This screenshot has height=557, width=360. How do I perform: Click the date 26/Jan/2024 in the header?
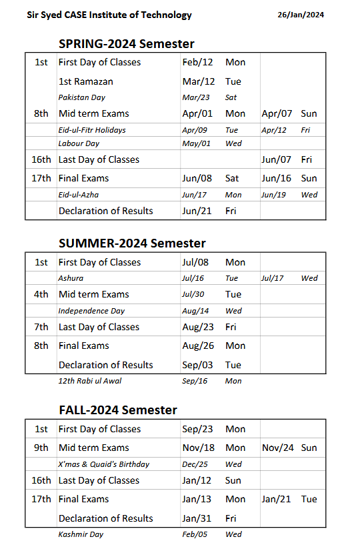click(301, 15)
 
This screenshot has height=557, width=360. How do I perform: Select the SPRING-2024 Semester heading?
click(127, 44)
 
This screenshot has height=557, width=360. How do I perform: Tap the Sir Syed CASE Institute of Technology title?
click(109, 15)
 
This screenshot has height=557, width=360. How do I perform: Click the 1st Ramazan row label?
click(86, 81)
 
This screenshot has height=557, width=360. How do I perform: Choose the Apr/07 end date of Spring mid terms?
click(275, 113)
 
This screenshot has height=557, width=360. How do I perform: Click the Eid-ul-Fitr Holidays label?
click(92, 130)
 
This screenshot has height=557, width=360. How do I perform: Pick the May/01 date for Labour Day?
click(196, 143)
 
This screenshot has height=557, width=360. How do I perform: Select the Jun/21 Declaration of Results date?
click(197, 211)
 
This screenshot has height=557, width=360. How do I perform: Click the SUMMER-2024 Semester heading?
click(132, 243)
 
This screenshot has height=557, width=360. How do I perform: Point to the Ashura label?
click(71, 278)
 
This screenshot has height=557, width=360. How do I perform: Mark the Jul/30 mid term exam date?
click(197, 294)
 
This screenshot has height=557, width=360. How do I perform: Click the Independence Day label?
click(91, 311)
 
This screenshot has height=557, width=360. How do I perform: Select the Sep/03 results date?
click(198, 365)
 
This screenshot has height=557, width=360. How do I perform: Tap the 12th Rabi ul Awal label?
click(90, 381)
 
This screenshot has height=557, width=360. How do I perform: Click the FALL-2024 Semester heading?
click(118, 410)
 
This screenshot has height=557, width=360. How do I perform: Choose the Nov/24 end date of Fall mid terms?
click(277, 448)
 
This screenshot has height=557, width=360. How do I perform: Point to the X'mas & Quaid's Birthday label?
click(104, 464)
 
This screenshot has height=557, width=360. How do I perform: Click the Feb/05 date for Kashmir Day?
click(195, 534)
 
